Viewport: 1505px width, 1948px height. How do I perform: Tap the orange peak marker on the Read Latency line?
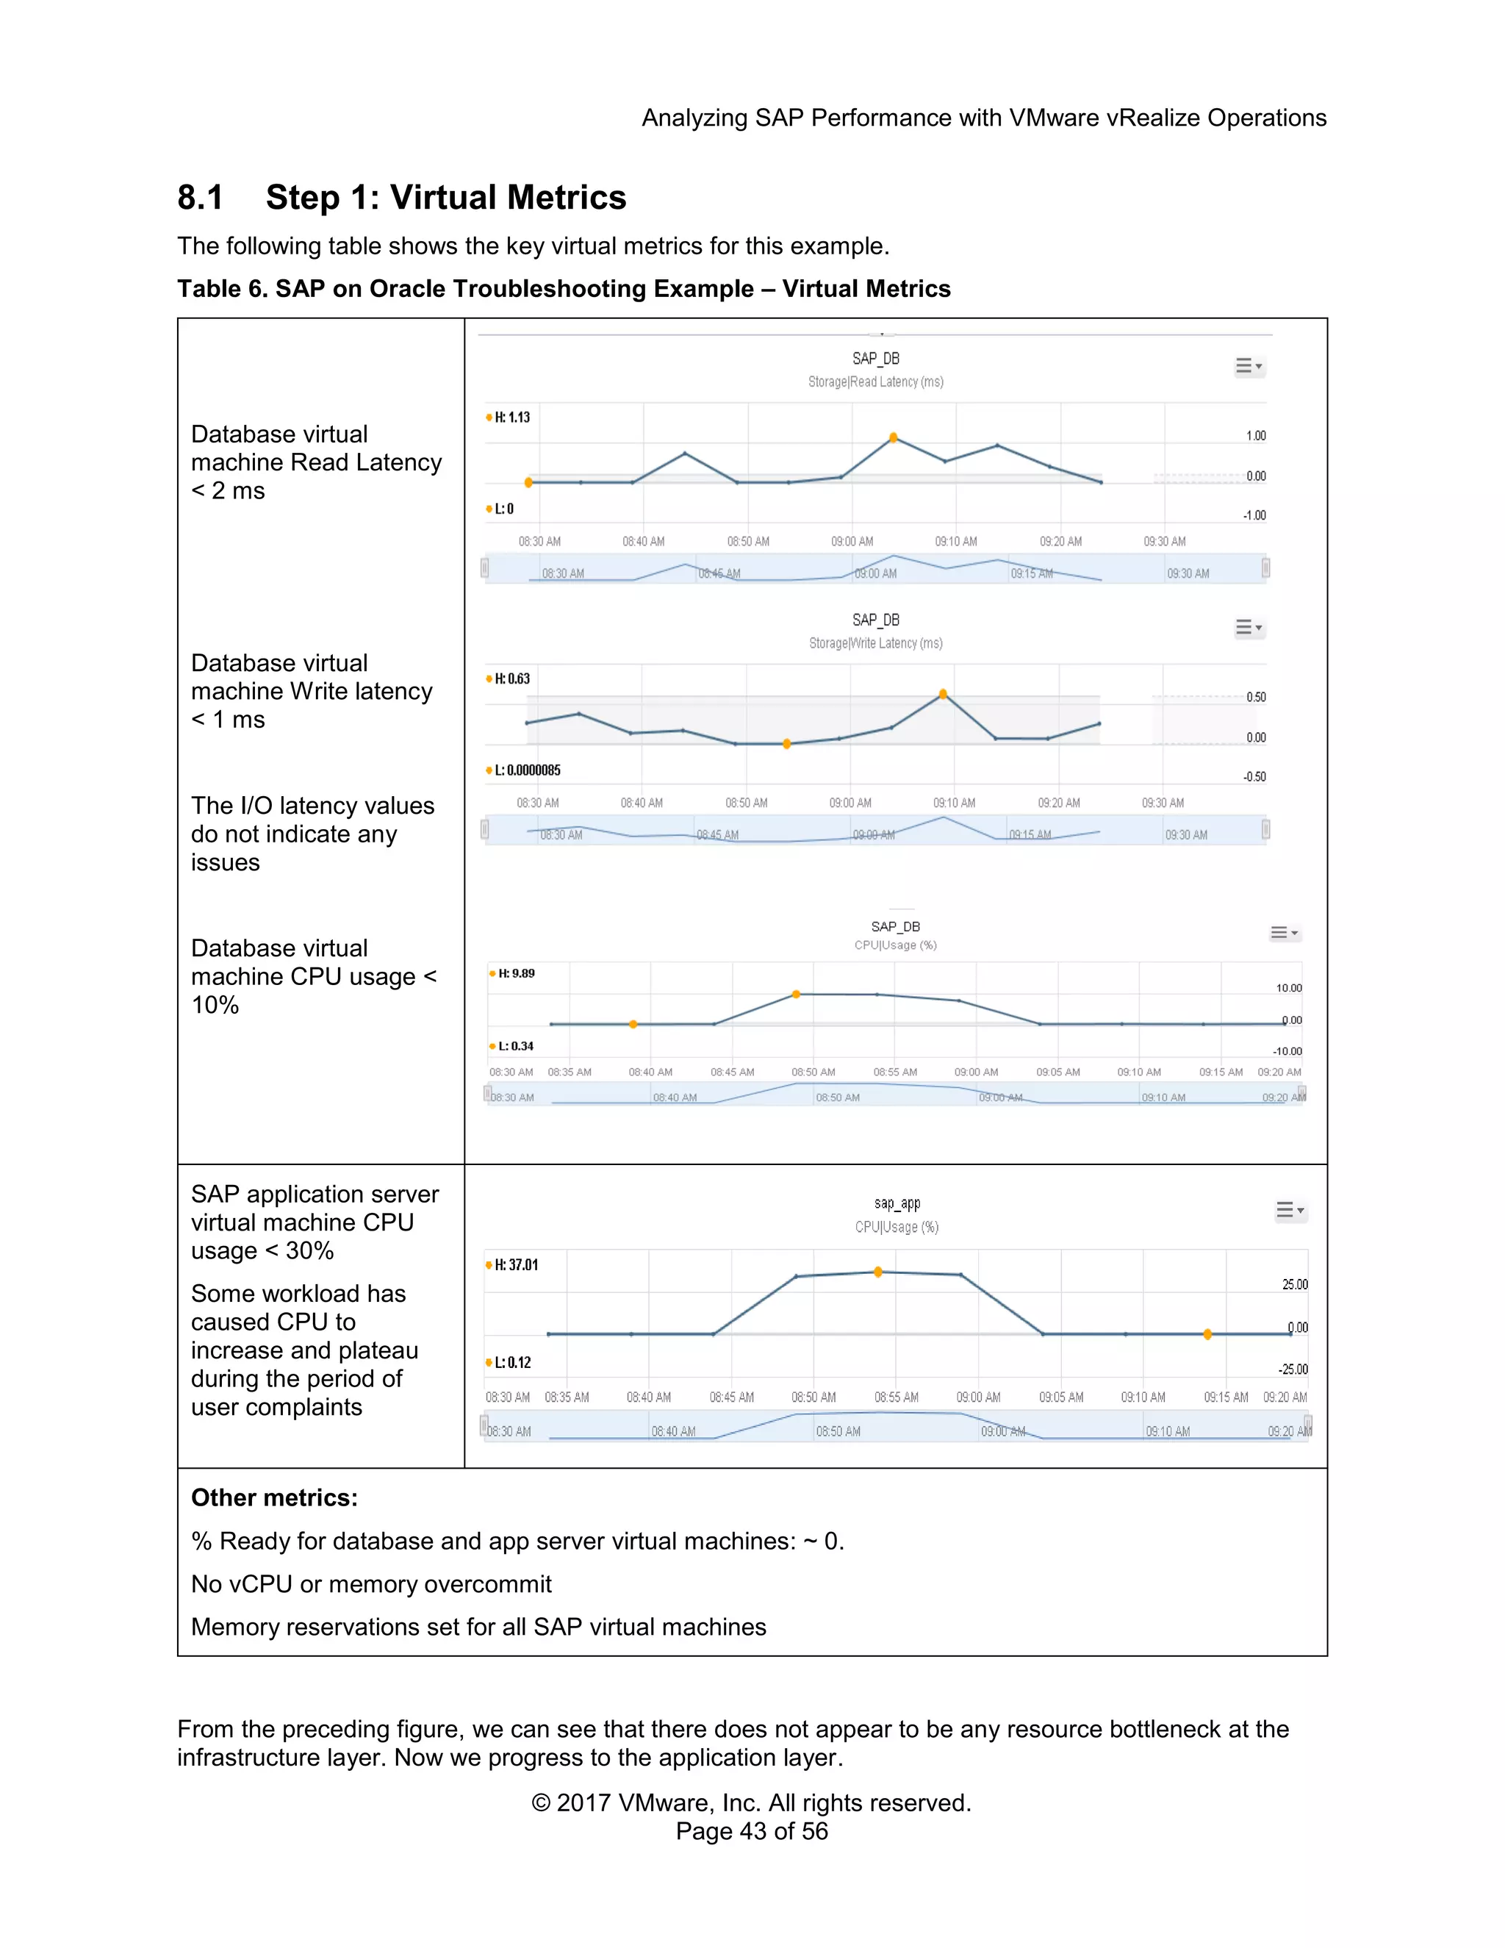pyautogui.click(x=894, y=438)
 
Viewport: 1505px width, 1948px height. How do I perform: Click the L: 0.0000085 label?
pyautogui.click(x=527, y=770)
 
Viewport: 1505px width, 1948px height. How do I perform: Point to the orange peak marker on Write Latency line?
pyautogui.click(x=944, y=694)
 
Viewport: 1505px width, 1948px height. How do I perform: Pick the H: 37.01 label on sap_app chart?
pyautogui.click(x=515, y=1265)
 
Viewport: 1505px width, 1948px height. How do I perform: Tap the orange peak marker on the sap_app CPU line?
pyautogui.click(x=878, y=1272)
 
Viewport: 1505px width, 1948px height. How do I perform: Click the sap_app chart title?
pyautogui.click(x=897, y=1203)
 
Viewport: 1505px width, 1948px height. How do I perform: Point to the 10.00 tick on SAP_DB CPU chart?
pyautogui.click(x=1288, y=987)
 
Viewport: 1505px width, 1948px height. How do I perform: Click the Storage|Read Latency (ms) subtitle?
pyautogui.click(x=875, y=382)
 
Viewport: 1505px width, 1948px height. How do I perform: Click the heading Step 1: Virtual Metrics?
pyautogui.click(x=446, y=197)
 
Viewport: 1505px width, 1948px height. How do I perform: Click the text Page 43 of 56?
pyautogui.click(x=752, y=1831)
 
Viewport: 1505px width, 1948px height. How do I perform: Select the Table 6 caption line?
pyautogui.click(x=564, y=289)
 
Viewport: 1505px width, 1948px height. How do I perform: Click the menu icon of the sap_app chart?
pyautogui.click(x=1288, y=1211)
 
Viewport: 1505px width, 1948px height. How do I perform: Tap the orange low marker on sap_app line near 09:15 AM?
pyautogui.click(x=1207, y=1334)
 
